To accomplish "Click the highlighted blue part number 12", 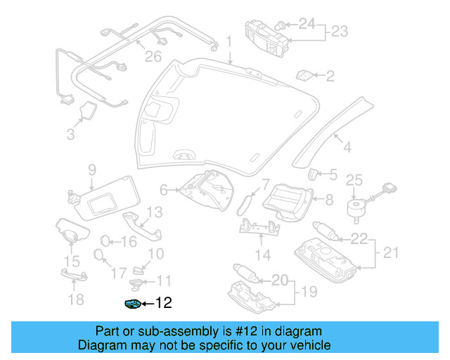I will pos(132,304).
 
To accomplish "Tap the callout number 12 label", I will pos(162,304).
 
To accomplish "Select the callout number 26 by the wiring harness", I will pos(153,56).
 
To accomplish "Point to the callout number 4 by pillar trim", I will pos(346,147).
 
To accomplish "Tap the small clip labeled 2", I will pos(305,75).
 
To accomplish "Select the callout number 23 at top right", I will pos(340,32).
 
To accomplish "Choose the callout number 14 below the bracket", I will pos(262,255).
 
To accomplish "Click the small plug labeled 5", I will pos(314,174).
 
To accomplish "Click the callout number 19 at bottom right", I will pos(307,291).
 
